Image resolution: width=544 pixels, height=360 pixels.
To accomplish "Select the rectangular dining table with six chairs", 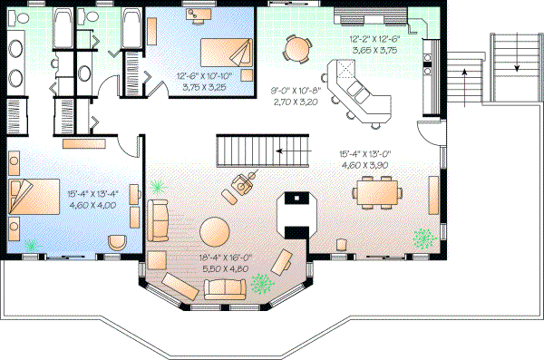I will (x=377, y=192).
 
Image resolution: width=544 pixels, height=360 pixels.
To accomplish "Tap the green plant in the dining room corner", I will (x=423, y=239).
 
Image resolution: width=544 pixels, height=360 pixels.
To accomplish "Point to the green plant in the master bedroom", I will (x=34, y=245).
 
